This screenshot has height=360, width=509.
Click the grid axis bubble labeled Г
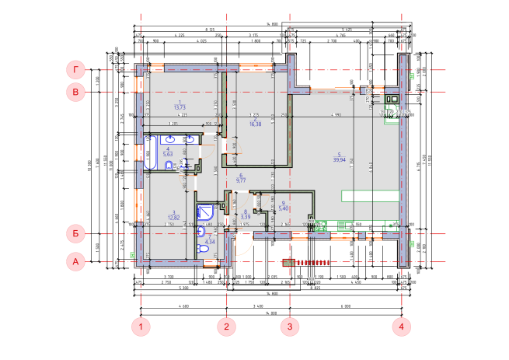coord(75,69)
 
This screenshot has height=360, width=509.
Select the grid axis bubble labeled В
coord(75,93)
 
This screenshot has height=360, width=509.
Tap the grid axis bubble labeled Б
coord(75,232)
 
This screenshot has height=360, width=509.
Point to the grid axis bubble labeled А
coord(75,262)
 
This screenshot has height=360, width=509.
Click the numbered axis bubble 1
coord(140,327)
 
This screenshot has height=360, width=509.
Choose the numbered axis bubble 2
coord(226,327)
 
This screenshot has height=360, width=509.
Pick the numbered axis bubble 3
coord(289,327)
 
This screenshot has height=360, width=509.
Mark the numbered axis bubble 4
coord(401,327)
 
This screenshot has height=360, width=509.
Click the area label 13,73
coord(180,107)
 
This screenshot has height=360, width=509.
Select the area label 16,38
coord(255,124)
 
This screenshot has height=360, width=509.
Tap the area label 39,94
coord(339,159)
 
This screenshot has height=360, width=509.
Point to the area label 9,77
coord(241,180)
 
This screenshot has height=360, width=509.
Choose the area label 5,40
coord(284,208)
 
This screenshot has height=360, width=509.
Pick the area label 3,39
coord(246,216)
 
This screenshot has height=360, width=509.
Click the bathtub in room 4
coord(152,152)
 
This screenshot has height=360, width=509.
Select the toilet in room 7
coord(203,248)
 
